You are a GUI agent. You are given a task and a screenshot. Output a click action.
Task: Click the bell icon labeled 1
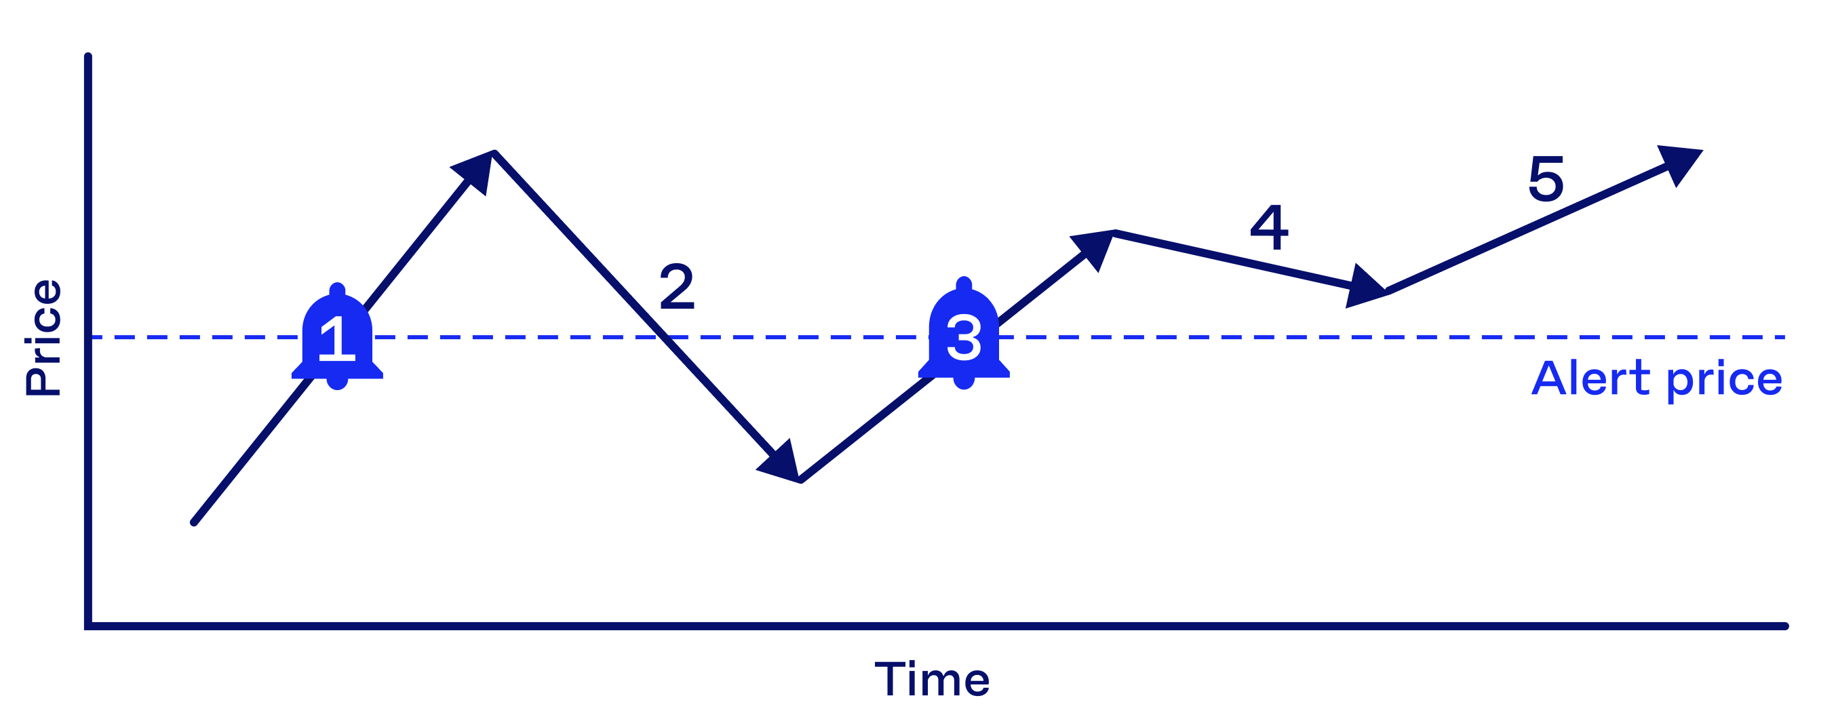(337, 337)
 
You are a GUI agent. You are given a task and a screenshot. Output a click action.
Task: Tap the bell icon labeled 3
(964, 334)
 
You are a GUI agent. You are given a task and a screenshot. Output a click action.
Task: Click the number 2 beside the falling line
(676, 286)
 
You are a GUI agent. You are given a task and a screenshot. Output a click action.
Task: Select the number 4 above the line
(1270, 228)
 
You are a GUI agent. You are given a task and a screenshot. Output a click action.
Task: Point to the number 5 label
(1545, 179)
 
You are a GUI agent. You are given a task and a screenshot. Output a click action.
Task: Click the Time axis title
(933, 679)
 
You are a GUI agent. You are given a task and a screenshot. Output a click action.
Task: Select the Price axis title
(43, 337)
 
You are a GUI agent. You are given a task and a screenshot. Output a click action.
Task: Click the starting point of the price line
(194, 522)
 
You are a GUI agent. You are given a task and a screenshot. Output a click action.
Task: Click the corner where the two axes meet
(88, 627)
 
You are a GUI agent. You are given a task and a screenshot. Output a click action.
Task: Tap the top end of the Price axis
(88, 56)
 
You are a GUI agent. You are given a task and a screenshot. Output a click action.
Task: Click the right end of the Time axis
(1785, 627)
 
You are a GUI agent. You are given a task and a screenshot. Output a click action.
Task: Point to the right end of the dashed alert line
(1784, 337)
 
